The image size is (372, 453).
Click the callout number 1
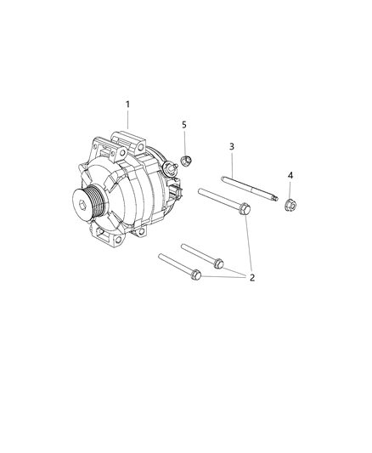tap(128, 105)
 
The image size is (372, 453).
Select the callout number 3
tap(232, 146)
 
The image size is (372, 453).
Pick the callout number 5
tap(184, 125)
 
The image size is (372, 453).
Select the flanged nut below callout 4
tap(290, 203)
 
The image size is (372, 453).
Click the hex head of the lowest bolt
tap(197, 274)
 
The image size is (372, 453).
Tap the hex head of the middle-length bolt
tap(219, 262)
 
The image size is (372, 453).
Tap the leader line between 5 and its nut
tap(186, 139)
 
